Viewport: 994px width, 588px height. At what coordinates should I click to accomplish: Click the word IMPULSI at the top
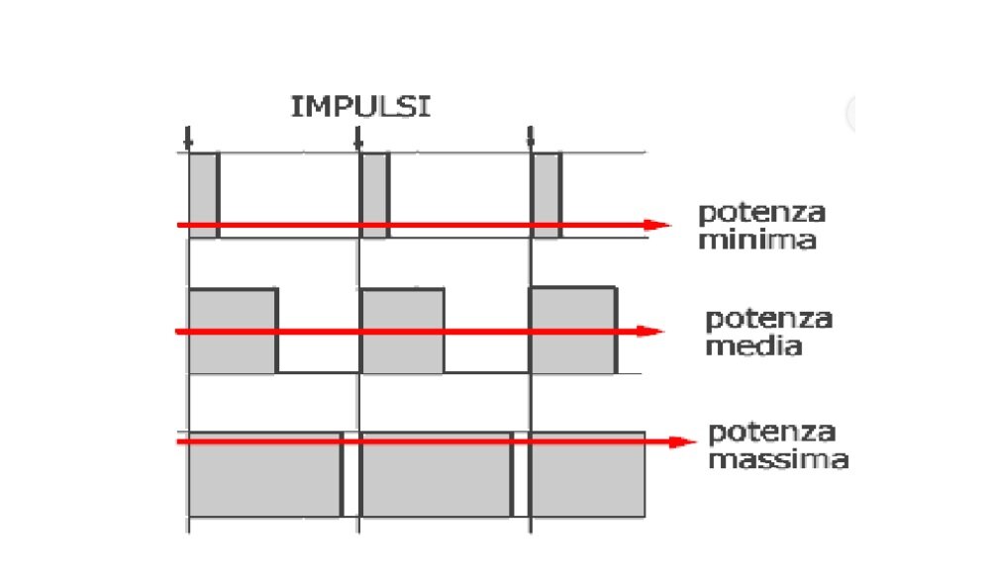(360, 107)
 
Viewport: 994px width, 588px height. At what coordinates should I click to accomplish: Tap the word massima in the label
(777, 460)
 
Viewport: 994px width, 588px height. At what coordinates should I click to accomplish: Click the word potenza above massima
(772, 433)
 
